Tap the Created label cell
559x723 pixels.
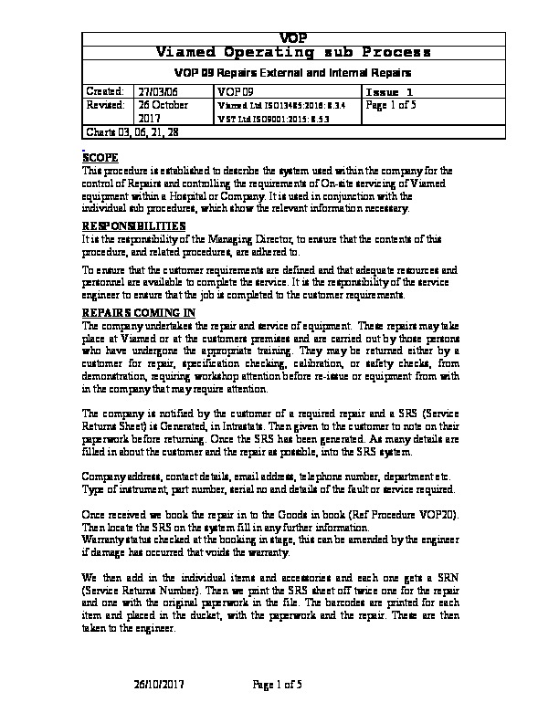click(103, 91)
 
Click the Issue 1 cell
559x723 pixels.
click(389, 92)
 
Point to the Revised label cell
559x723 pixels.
click(104, 105)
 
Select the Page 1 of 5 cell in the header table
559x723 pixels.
click(390, 105)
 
